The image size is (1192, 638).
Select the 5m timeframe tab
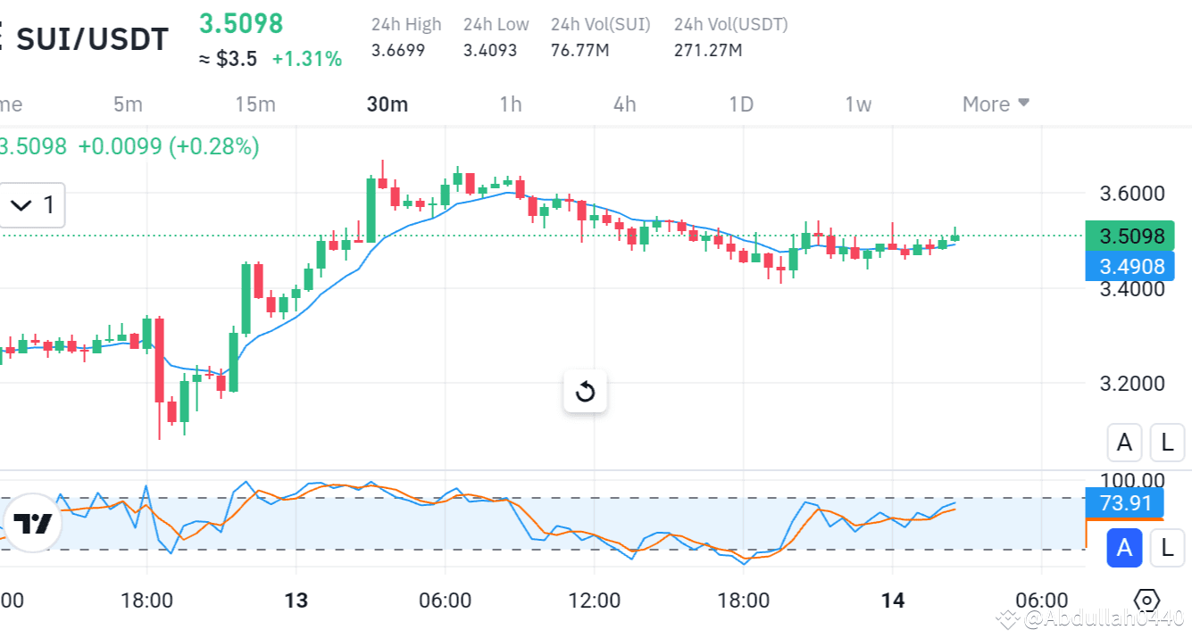128,104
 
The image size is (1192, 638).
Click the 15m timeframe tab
255,104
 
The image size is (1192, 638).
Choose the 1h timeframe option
511,104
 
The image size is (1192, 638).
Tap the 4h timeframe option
625,104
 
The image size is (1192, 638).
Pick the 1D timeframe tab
741,104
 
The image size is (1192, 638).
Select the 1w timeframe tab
858,104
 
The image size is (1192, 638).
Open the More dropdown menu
996,104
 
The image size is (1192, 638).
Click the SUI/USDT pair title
92,39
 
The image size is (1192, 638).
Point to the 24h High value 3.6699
398,50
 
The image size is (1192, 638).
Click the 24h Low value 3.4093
490,50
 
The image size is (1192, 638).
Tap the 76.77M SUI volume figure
580,50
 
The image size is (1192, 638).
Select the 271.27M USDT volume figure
708,50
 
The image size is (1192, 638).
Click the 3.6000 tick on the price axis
1131,194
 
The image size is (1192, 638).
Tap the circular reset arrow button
585,392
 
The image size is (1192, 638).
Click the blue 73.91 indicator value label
1124,503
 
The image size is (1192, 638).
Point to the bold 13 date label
296,601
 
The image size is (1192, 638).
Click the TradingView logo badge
32,524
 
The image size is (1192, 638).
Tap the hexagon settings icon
1147,601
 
